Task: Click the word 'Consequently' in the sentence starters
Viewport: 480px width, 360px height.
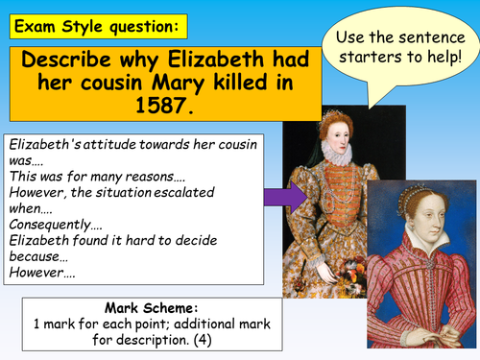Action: [x=52, y=222]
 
